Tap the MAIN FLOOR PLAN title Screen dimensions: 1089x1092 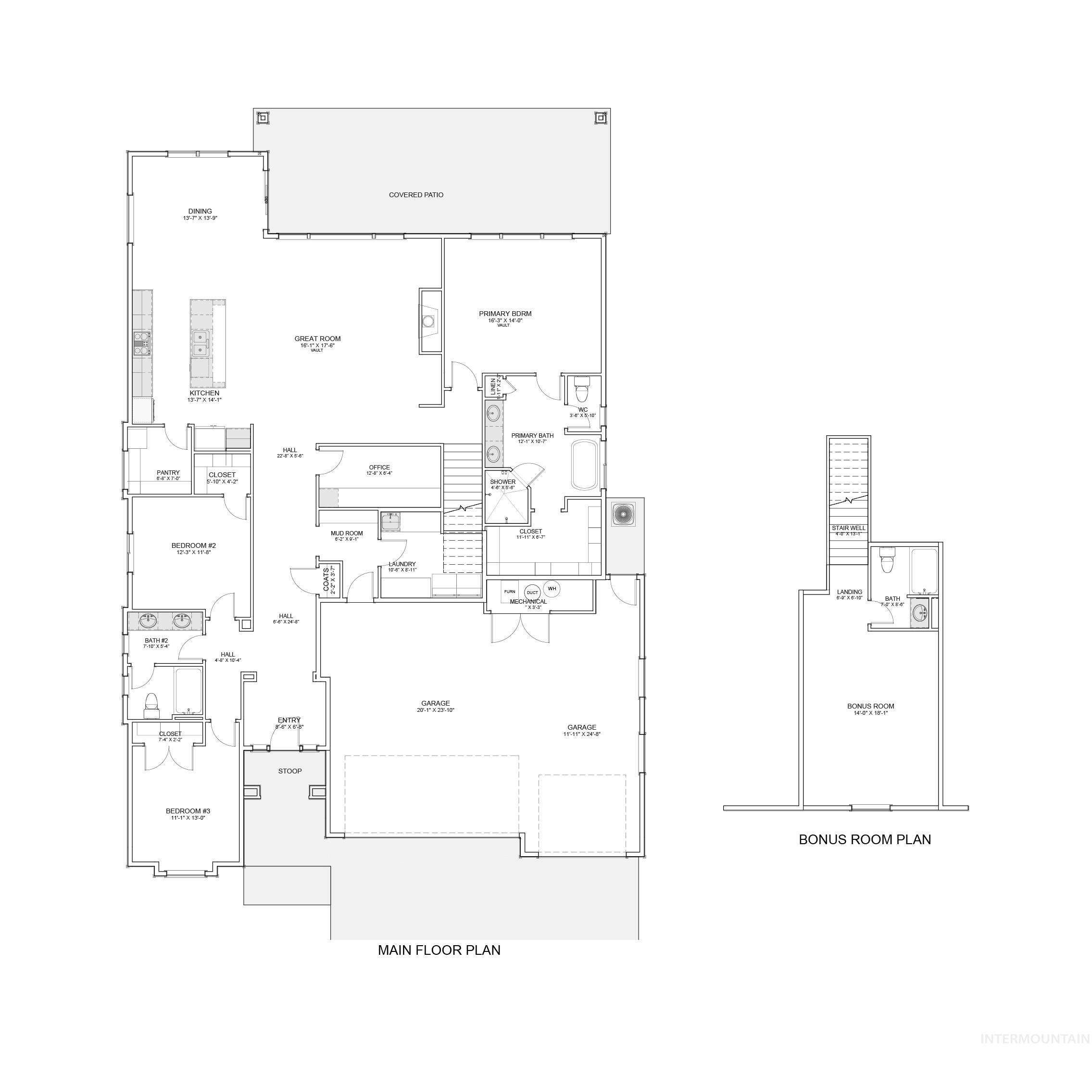pyautogui.click(x=439, y=950)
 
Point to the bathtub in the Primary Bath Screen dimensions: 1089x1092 pyautogui.click(x=585, y=465)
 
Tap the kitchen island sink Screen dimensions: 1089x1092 pyautogui.click(x=200, y=343)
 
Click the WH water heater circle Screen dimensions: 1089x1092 pyautogui.click(x=552, y=589)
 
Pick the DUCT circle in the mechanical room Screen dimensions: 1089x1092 pyautogui.click(x=532, y=593)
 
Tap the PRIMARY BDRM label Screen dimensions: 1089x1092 pyautogui.click(x=505, y=314)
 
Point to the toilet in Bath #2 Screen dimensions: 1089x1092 pyautogui.click(x=151, y=703)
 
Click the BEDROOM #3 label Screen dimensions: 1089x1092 pyautogui.click(x=188, y=811)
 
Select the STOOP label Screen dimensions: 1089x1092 pyautogui.click(x=290, y=771)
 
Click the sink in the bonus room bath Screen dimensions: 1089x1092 pyautogui.click(x=919, y=612)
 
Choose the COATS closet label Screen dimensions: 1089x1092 pyautogui.click(x=326, y=579)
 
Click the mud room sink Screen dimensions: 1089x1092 pyautogui.click(x=390, y=521)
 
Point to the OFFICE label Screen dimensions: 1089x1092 pyautogui.click(x=379, y=468)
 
